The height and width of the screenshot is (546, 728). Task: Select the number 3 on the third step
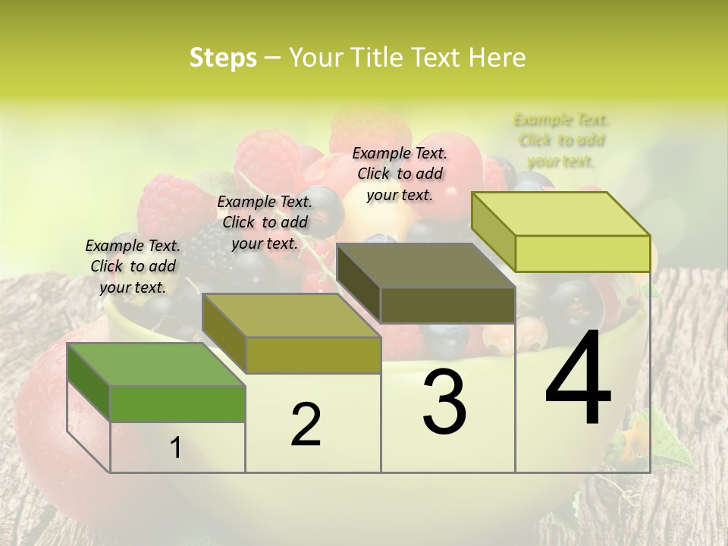click(444, 403)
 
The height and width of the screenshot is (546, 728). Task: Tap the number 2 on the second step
click(306, 425)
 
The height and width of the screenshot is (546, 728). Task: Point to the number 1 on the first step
click(175, 448)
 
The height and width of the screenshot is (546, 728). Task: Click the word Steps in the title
click(223, 58)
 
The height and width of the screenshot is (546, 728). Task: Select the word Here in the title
click(497, 58)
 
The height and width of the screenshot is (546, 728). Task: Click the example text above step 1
click(133, 266)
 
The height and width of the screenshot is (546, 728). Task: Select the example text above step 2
click(265, 222)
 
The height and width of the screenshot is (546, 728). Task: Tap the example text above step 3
click(400, 174)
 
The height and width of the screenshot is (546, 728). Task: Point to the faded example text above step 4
click(561, 140)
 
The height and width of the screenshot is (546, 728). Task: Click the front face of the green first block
click(177, 403)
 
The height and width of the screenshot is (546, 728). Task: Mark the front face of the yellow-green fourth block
click(582, 253)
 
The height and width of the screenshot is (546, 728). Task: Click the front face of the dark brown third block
click(447, 306)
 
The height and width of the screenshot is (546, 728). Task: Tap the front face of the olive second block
click(312, 355)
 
